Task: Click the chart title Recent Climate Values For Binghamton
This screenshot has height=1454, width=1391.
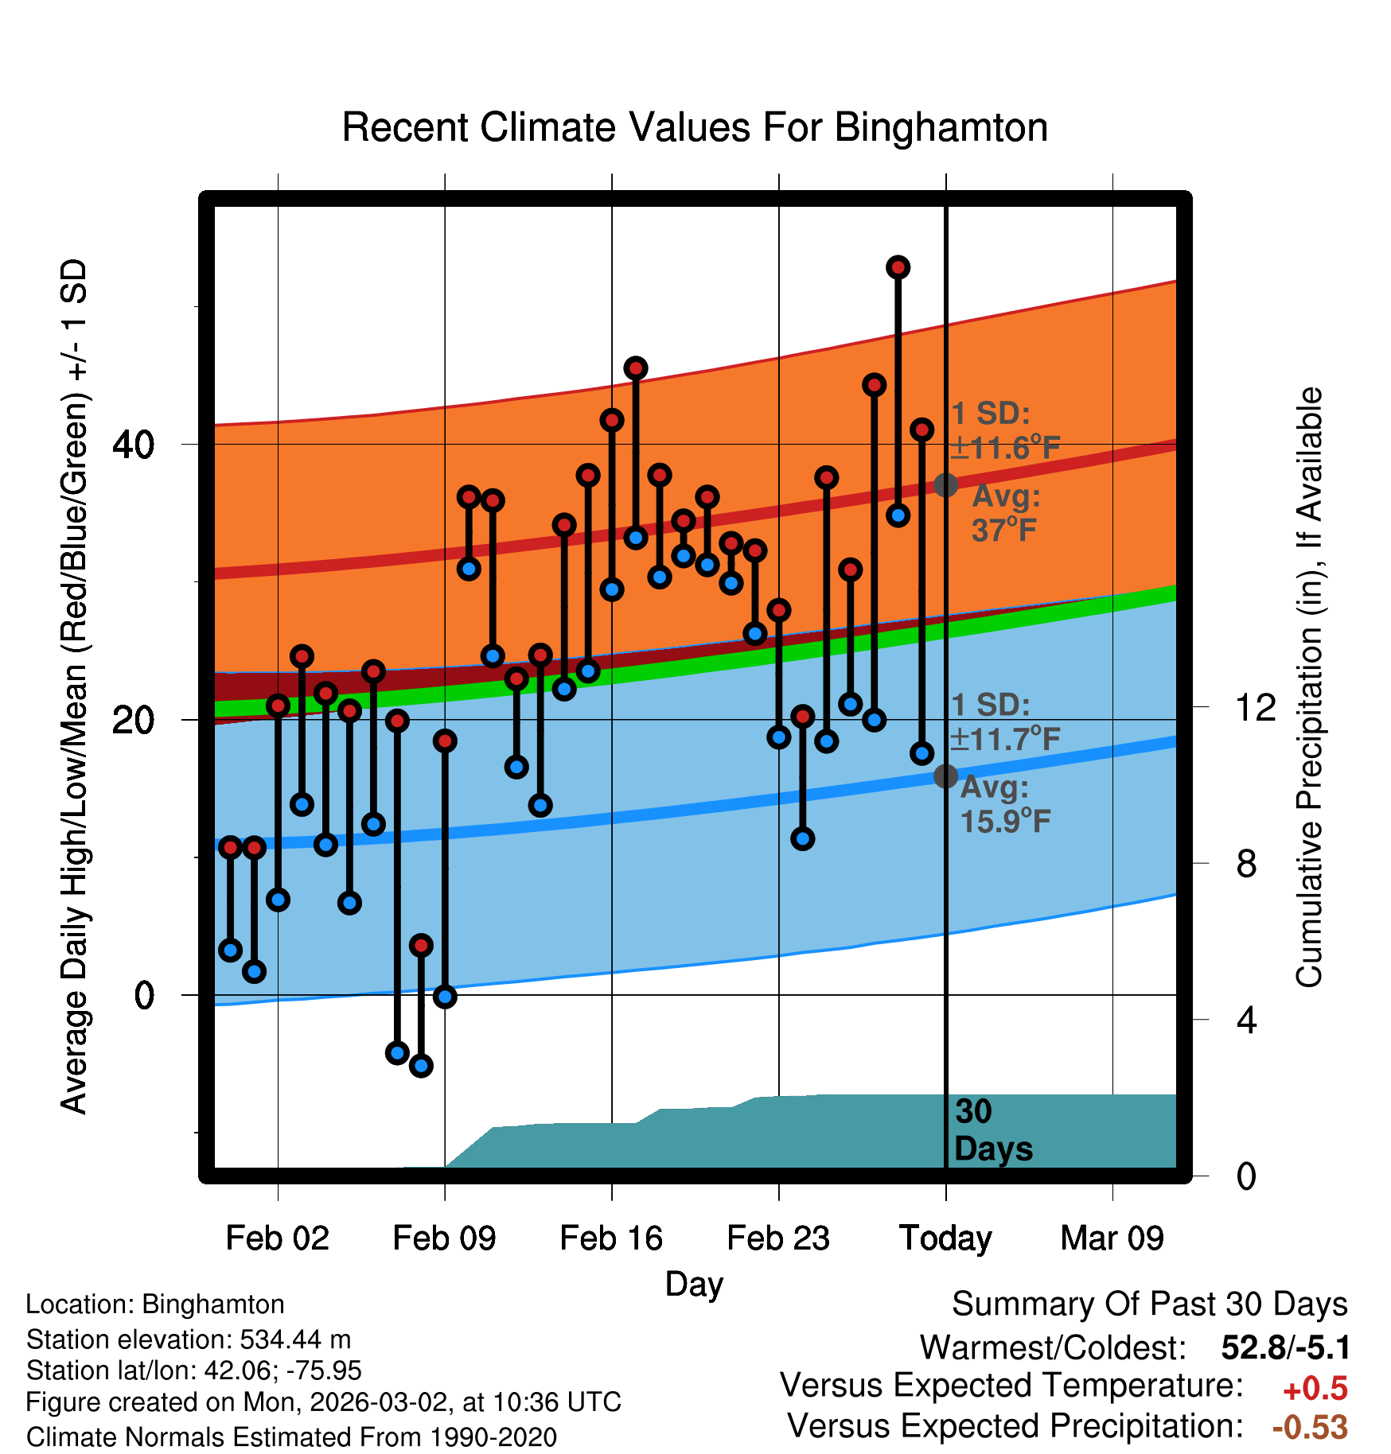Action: [x=695, y=127]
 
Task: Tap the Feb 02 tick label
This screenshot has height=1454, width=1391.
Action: [x=277, y=1238]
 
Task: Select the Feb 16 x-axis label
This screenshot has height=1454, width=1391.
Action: [x=611, y=1238]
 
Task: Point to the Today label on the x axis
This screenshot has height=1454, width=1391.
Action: [x=945, y=1238]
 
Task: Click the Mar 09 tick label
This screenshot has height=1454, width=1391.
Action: [x=1112, y=1238]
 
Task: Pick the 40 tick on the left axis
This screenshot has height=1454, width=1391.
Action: [x=133, y=444]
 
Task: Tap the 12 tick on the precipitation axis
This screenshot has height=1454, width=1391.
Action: [x=1256, y=707]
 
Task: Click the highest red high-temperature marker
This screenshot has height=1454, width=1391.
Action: [x=898, y=267]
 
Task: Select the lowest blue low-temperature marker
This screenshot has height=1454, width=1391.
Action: [x=421, y=1065]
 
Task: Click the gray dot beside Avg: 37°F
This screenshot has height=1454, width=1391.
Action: [x=945, y=484]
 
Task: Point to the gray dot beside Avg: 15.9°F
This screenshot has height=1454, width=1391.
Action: [x=945, y=776]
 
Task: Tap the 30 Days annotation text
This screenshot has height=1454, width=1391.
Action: [x=992, y=1130]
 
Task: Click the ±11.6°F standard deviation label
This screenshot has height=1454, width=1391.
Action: [x=1006, y=449]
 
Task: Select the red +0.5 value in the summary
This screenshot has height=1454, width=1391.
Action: [x=1315, y=1389]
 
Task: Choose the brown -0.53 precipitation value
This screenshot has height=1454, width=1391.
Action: [x=1310, y=1427]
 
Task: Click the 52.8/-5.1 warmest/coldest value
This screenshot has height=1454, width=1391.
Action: [x=1285, y=1347]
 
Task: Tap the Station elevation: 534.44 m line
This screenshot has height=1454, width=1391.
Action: [x=189, y=1339]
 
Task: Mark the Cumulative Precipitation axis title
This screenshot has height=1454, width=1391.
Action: [x=1309, y=688]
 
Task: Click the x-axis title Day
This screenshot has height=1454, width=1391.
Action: [x=694, y=1284]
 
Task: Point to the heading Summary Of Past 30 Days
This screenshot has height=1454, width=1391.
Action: [x=1149, y=1304]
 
